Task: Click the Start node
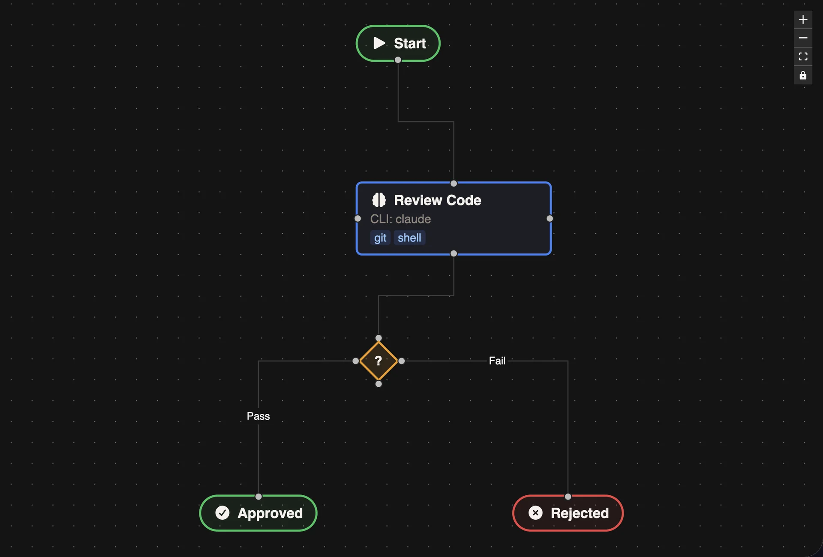(x=398, y=43)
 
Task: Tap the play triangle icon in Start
(x=379, y=43)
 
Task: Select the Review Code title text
(x=437, y=200)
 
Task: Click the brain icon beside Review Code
(x=379, y=200)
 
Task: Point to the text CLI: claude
(x=400, y=219)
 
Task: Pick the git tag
(x=380, y=238)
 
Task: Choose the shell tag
(x=409, y=238)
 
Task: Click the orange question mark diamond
(x=378, y=361)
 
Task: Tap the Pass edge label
(x=258, y=416)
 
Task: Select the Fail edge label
(x=497, y=361)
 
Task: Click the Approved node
(x=258, y=513)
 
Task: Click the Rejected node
(x=568, y=513)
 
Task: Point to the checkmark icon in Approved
(x=222, y=513)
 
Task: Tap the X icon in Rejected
(x=535, y=513)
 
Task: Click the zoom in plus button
(x=803, y=20)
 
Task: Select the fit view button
(x=803, y=57)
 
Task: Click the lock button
(x=803, y=75)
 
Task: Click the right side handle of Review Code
(x=550, y=219)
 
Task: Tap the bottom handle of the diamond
(x=378, y=384)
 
